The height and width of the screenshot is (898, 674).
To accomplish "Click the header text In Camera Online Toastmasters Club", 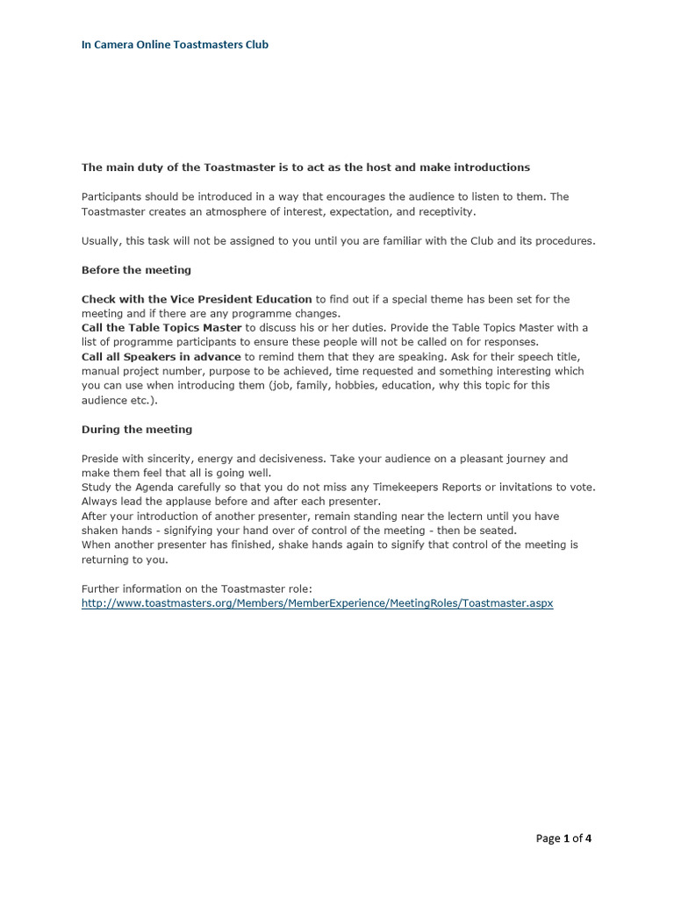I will pos(175,44).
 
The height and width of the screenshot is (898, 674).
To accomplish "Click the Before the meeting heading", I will pos(136,269).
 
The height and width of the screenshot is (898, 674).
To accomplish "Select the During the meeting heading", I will pos(136,429).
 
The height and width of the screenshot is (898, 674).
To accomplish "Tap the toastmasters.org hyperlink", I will pos(317,603).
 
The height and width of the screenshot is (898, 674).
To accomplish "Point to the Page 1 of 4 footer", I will pos(563,837).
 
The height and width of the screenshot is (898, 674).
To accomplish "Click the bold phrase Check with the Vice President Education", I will pos(197,299).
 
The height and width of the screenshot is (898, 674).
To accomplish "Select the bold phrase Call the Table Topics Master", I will pos(161,327).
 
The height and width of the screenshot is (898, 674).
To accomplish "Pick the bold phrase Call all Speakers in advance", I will pos(161,356).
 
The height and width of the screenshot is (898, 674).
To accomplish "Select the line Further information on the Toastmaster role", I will pos(197,588).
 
